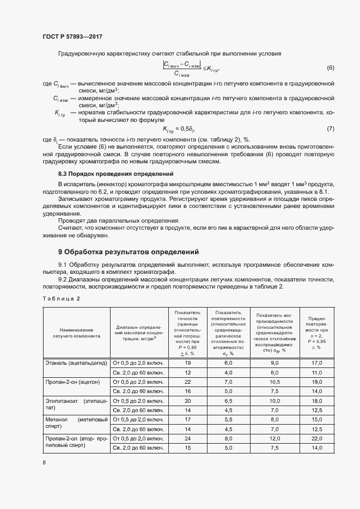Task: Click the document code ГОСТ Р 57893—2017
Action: pos(72,36)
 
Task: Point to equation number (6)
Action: pos(330,68)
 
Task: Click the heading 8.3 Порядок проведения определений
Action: pos(115,174)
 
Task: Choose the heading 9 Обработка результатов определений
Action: pos(129,252)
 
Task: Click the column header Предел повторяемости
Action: pos(317,333)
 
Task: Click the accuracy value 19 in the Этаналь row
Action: pos(188,363)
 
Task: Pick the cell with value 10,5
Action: pos(274,382)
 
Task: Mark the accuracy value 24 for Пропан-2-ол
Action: pos(188,438)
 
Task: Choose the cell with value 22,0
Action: pos(317,438)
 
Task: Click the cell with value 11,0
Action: pos(317,372)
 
